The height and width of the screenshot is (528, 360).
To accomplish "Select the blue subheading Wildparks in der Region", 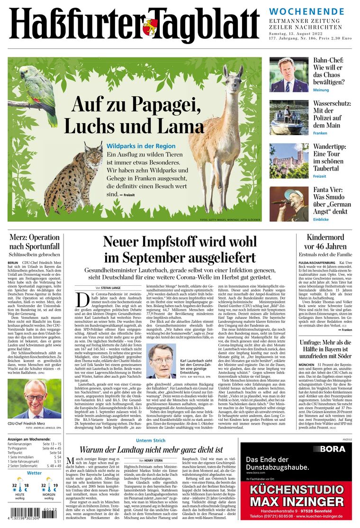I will point(141,146).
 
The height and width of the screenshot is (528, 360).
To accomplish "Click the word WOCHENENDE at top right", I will point(306,11).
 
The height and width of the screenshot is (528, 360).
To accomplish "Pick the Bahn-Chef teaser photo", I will point(289,74).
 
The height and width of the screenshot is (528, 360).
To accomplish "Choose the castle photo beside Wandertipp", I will point(289,161).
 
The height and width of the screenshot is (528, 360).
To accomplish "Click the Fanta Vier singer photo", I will point(289,204).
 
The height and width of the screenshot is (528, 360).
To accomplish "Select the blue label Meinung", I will point(321,90).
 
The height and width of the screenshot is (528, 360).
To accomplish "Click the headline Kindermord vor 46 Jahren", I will point(326,242).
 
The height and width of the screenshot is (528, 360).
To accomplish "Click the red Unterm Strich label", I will point(150,441).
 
